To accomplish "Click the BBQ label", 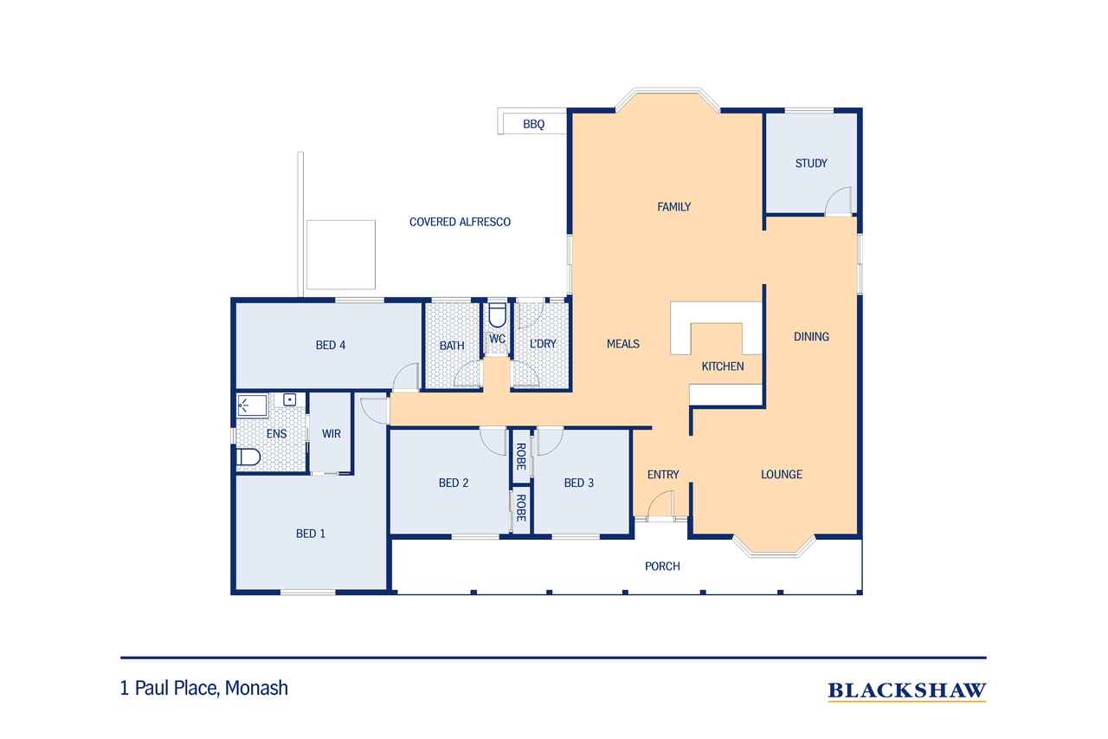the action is tap(534, 124).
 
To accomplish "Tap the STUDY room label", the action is tap(811, 164).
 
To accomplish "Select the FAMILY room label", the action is tap(673, 207).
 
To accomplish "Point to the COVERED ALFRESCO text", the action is tap(460, 222).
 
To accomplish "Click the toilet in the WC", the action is tap(497, 314).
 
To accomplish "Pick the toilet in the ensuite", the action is tap(248, 457).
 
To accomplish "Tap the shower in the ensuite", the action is tap(252, 405).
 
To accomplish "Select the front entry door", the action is tap(660, 505).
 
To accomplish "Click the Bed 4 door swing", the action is tap(406, 377).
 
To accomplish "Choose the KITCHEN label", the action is tap(722, 366).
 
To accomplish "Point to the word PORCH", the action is tap(662, 567).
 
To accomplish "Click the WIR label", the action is tap(331, 434).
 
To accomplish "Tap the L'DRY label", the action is tap(543, 344).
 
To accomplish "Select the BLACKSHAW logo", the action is tap(906, 691).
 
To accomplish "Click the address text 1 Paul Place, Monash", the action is tap(203, 688).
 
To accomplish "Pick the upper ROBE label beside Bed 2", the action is tap(520, 457).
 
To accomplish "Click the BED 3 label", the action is tap(579, 483).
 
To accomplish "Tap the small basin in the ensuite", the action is tap(289, 400).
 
